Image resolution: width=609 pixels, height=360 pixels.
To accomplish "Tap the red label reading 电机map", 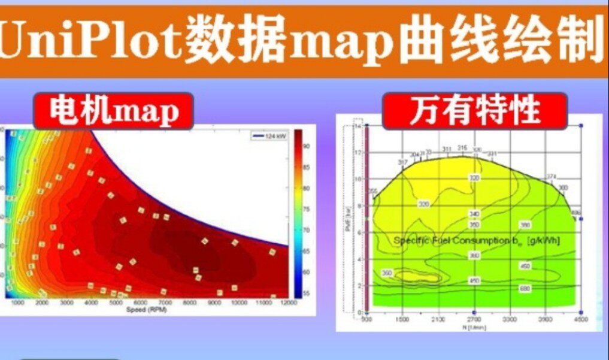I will (x=113, y=111).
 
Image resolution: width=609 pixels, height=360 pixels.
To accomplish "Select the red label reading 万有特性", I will (x=475, y=111).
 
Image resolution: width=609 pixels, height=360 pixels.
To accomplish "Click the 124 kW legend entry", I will (x=268, y=136).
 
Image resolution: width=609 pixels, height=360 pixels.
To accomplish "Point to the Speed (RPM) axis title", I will (x=147, y=310).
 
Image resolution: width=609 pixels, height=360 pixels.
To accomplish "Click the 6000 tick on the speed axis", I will (x=141, y=304).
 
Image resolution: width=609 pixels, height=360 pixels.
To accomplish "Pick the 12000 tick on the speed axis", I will (x=289, y=304).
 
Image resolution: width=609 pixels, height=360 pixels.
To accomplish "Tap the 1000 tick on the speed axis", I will (x=17, y=304).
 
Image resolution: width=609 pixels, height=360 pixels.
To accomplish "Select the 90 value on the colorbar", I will (x=306, y=146).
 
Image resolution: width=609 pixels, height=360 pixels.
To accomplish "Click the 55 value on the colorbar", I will (x=306, y=294).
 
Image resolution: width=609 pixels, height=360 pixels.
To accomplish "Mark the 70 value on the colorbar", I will (x=306, y=230).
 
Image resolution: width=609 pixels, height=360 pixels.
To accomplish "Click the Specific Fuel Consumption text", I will (x=476, y=241).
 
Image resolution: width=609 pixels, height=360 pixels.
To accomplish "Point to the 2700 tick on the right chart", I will (x=474, y=320).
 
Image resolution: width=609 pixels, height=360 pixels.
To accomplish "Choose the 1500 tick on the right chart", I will (x=402, y=320).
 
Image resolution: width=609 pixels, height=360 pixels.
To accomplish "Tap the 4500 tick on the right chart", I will (x=580, y=320).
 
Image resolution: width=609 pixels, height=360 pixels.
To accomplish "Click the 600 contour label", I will (x=525, y=288).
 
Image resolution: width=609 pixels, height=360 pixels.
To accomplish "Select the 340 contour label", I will (x=474, y=214).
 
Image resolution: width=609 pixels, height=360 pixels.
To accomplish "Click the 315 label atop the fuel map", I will (x=462, y=148).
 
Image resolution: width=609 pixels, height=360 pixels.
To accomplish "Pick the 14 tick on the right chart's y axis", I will (x=358, y=127).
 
